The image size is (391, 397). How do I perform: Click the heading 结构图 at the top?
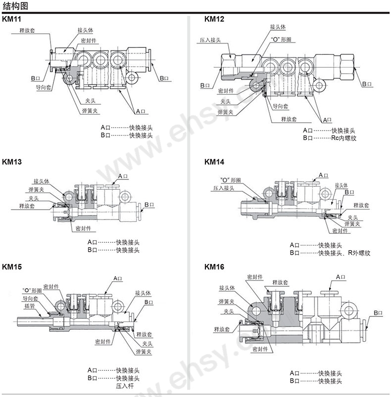pyautogui.click(x=15, y=6)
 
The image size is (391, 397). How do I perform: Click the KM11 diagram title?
pyautogui.click(x=11, y=19)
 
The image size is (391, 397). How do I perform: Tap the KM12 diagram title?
pyautogui.click(x=214, y=19)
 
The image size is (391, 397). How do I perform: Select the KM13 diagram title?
pyautogui.click(x=12, y=162)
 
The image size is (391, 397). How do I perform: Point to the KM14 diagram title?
pyautogui.click(x=214, y=162)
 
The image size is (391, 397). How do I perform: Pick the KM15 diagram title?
pyautogui.click(x=12, y=266)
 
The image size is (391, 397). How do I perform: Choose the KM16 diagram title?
pyautogui.click(x=214, y=266)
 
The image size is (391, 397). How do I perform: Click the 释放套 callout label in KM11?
pyautogui.click(x=27, y=30)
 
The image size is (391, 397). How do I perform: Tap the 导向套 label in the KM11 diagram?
pyautogui.click(x=44, y=88)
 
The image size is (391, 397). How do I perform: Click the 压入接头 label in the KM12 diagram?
pyautogui.click(x=210, y=40)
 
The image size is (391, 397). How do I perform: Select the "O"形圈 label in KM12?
pyautogui.click(x=281, y=40)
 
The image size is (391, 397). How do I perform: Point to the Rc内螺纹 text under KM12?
pyautogui.click(x=343, y=138)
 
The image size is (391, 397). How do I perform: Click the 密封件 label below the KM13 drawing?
pyautogui.click(x=83, y=228)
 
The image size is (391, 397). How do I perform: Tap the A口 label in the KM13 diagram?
pyautogui.click(x=123, y=176)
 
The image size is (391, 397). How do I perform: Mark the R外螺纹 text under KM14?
pyautogui.click(x=359, y=253)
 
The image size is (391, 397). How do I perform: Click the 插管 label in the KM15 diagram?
pyautogui.click(x=29, y=306)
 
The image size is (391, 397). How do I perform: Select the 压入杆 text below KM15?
pyautogui.click(x=125, y=386)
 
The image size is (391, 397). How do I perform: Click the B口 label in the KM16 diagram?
pyautogui.click(x=378, y=313)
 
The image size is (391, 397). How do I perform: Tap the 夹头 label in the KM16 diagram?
pyautogui.click(x=229, y=311)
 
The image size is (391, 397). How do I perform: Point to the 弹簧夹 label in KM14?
pyautogui.click(x=352, y=224)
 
